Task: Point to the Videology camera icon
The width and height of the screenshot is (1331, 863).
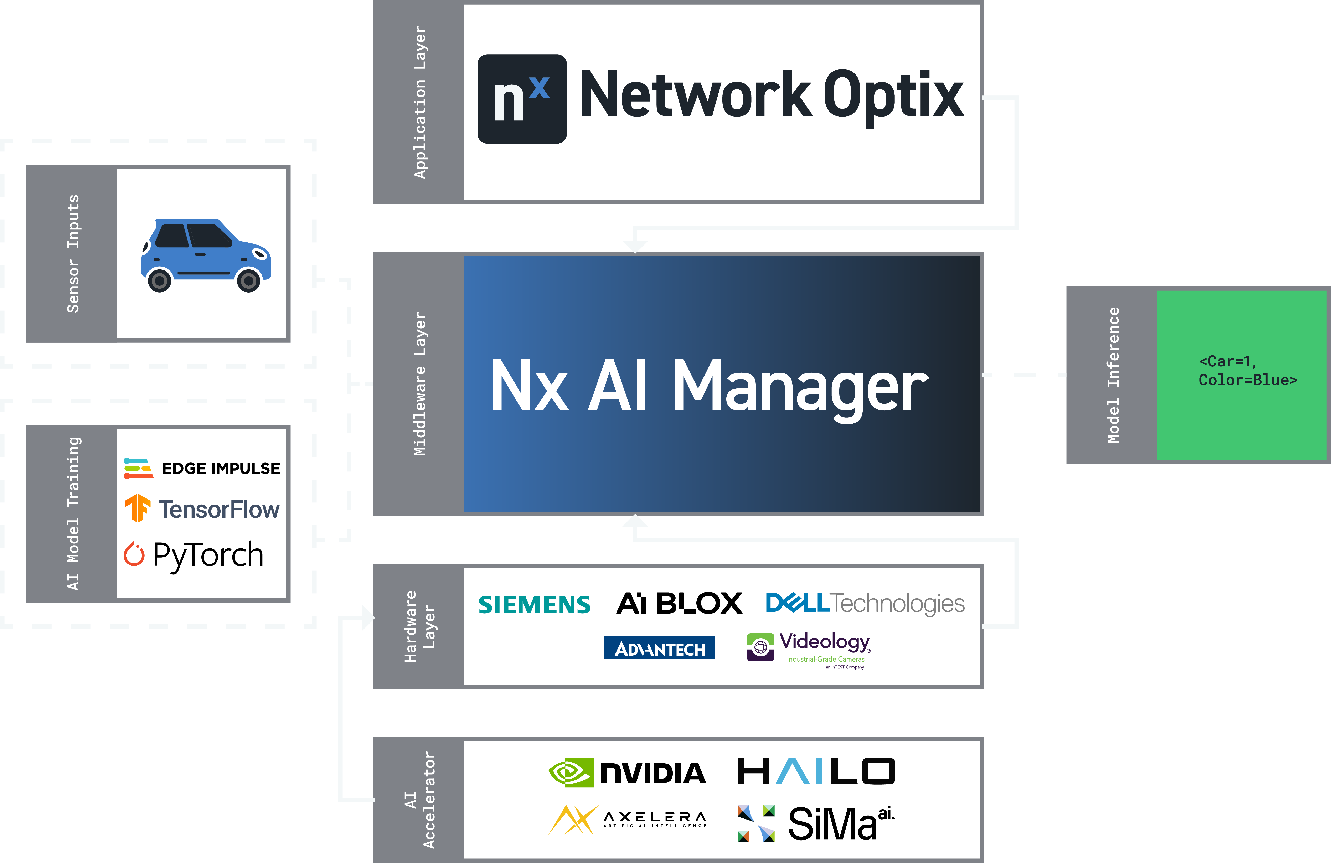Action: (x=760, y=647)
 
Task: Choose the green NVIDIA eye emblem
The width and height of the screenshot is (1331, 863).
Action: (x=571, y=772)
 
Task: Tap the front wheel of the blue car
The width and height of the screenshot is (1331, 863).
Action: (x=248, y=280)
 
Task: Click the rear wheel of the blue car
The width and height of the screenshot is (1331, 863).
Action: (x=159, y=280)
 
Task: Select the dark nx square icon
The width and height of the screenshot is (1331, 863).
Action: (x=522, y=99)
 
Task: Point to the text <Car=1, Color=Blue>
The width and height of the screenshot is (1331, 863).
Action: (x=1247, y=371)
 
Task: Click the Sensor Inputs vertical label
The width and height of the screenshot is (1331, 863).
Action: (x=73, y=253)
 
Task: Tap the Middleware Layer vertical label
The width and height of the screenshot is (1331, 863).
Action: (x=419, y=384)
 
